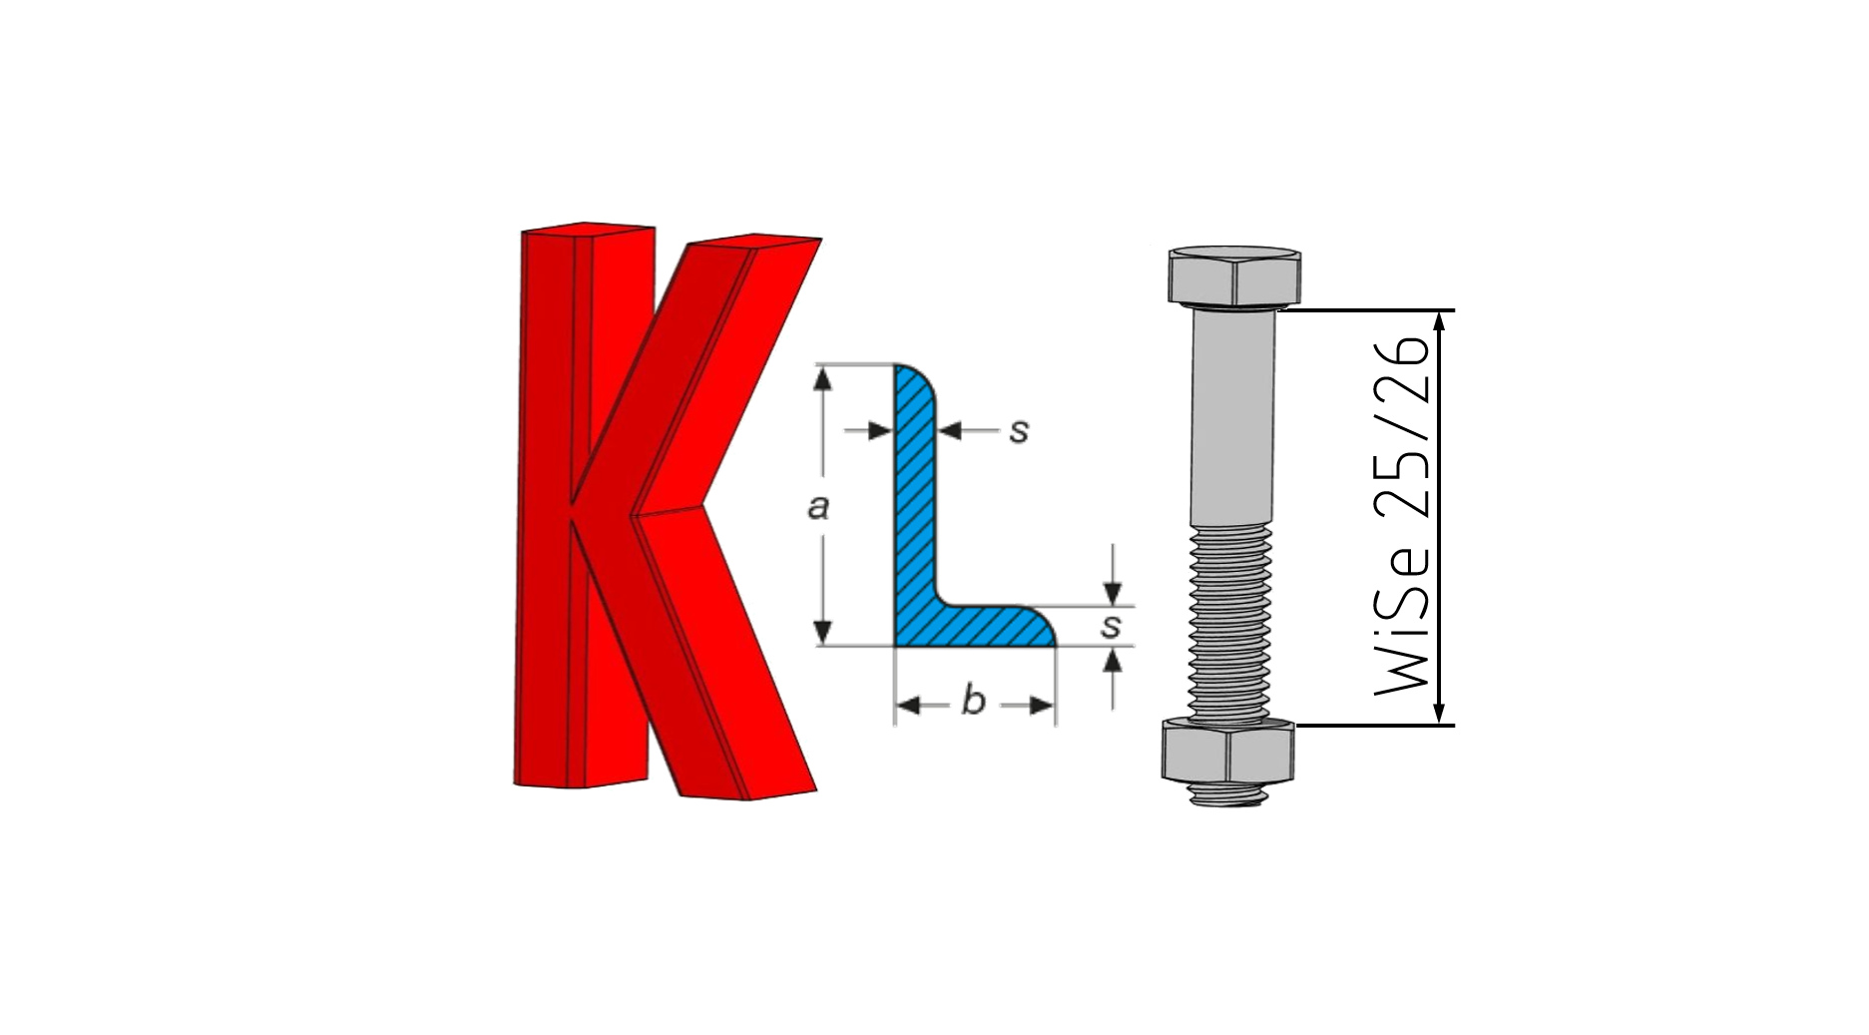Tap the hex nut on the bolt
click(x=1228, y=750)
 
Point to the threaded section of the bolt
click(x=1231, y=623)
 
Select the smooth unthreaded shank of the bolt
click(x=1233, y=416)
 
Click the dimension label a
click(x=818, y=507)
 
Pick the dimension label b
click(x=973, y=701)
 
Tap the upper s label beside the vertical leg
click(x=1018, y=431)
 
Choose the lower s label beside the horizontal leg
click(x=1111, y=627)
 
